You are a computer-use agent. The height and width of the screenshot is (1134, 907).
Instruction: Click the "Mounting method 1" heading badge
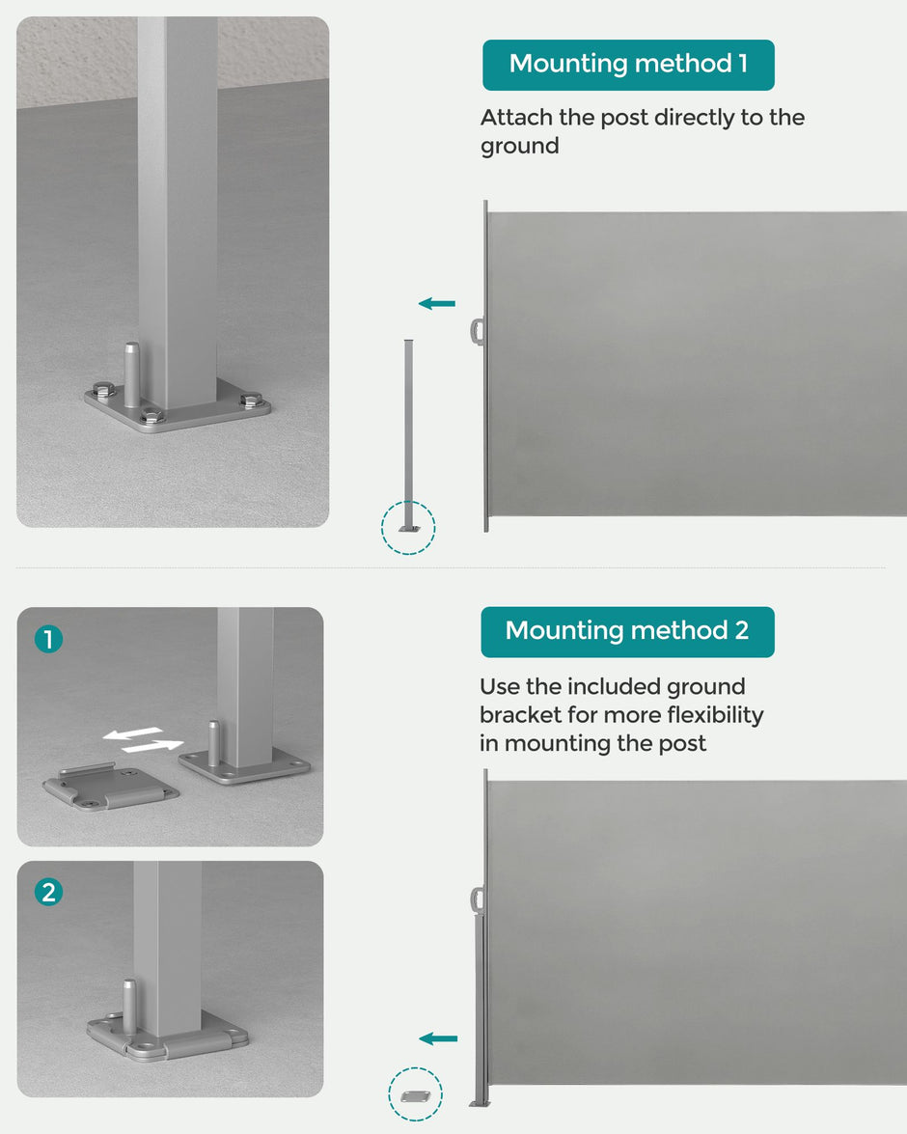point(628,65)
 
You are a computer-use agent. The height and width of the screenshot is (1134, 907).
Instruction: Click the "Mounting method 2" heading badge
point(627,632)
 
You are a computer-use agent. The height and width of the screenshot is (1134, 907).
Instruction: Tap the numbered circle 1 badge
point(48,639)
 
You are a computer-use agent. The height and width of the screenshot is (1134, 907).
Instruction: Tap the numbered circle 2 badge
point(48,892)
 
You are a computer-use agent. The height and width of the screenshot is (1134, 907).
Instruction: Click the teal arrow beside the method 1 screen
point(437,304)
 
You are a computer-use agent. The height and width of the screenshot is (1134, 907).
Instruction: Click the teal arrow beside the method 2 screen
point(438,1039)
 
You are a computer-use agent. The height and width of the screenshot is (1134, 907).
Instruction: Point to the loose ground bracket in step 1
point(110,788)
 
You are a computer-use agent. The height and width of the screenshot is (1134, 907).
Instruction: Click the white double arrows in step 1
point(143,740)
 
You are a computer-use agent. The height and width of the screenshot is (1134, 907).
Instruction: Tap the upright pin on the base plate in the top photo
point(131,374)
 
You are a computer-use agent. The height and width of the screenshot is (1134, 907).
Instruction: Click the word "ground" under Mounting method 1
point(519,147)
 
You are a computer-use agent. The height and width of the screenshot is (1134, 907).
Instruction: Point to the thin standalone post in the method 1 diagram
point(409,434)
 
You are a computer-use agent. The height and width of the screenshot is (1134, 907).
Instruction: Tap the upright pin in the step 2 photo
point(128,1007)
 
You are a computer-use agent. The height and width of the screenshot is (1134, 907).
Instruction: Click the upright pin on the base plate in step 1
point(214,743)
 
